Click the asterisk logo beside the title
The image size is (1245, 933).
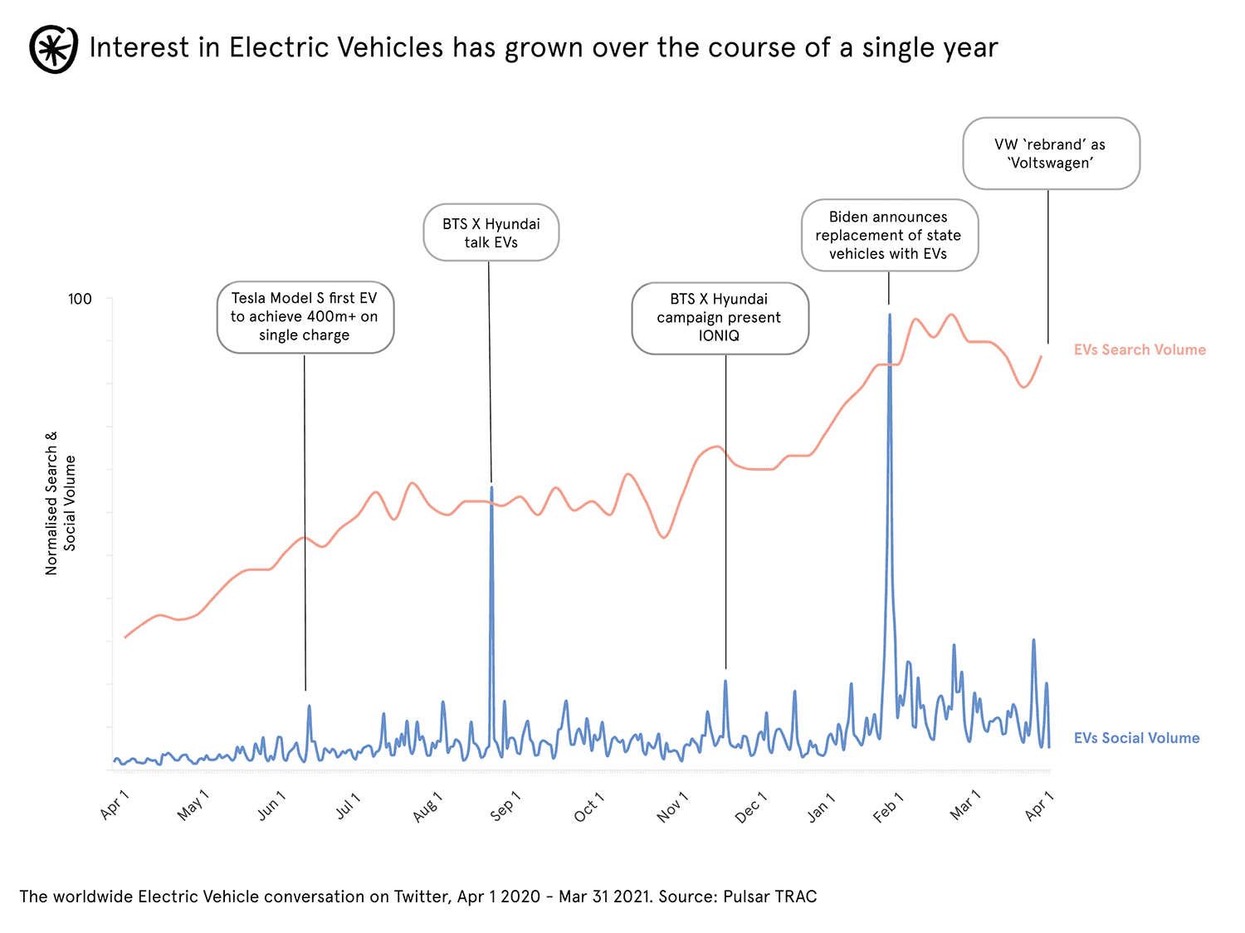54,48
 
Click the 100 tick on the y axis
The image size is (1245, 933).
80,299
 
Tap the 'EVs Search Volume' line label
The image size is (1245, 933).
1139,350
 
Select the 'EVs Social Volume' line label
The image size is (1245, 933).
1135,738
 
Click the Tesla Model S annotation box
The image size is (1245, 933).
305,317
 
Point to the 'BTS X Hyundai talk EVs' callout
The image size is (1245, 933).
491,233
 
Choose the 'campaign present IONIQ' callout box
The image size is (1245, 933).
720,318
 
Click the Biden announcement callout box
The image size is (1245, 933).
889,236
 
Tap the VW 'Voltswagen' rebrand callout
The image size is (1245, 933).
1050,154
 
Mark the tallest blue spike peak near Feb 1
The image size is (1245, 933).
890,315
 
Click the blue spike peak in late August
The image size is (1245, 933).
491,487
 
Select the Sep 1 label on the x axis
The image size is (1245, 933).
505,806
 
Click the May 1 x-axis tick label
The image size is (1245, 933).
193,805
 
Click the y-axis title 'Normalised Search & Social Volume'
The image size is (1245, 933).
61,503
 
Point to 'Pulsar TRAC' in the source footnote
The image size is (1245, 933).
769,896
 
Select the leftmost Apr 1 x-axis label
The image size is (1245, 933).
115,804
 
